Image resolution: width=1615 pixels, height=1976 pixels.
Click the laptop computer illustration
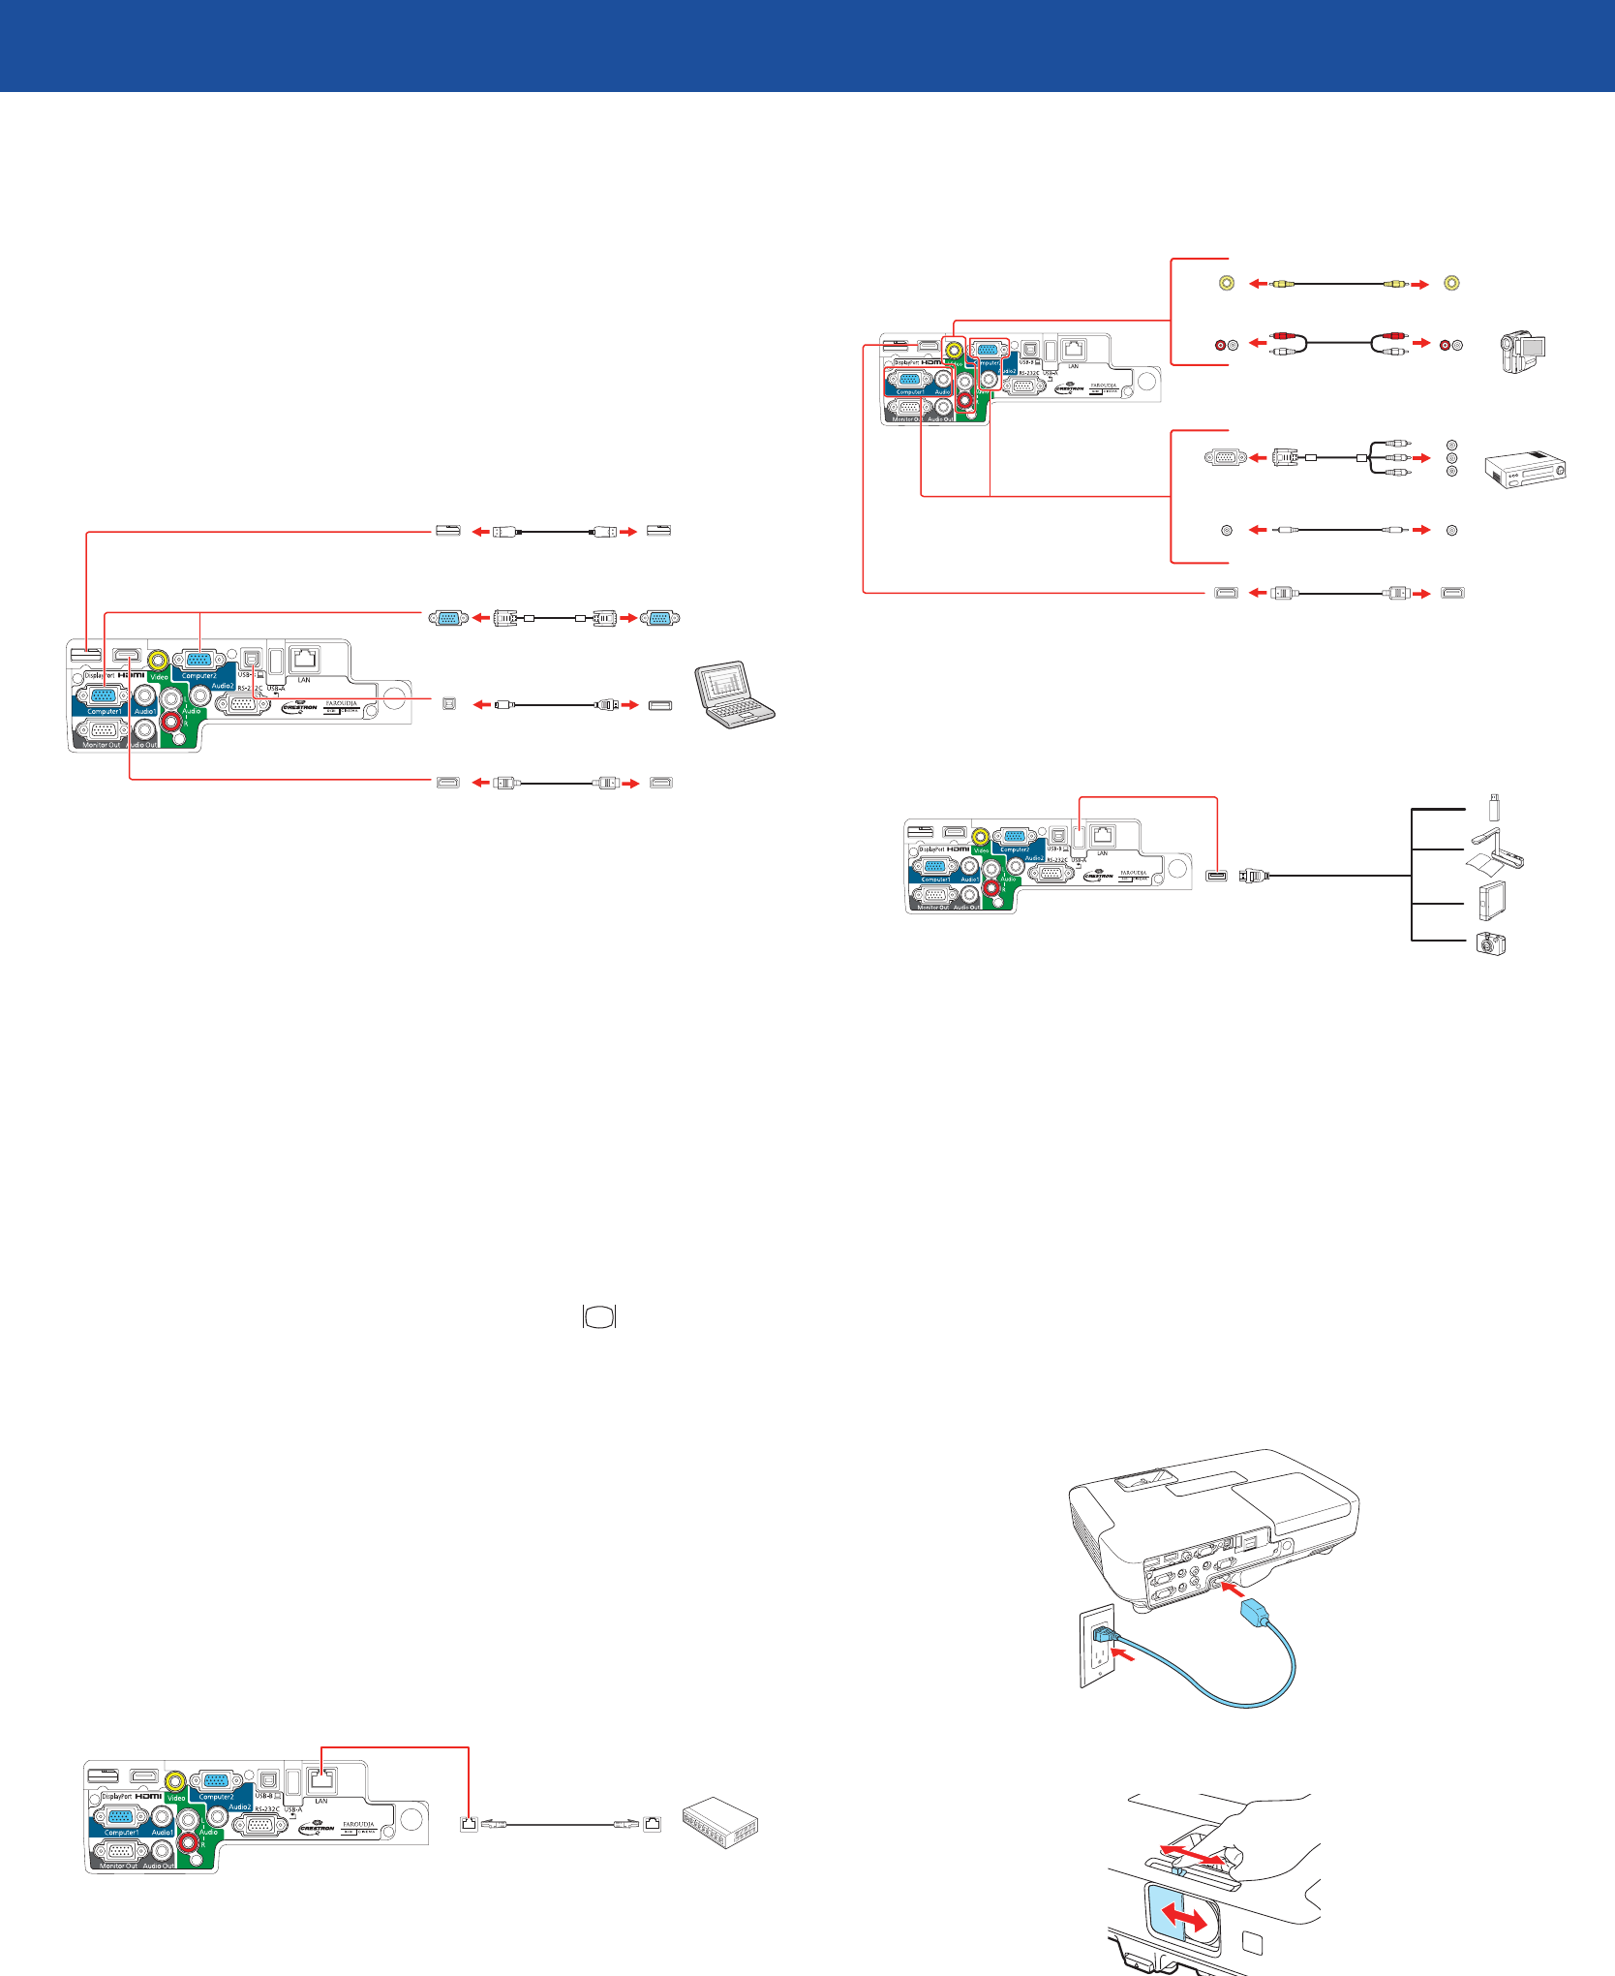coord(735,694)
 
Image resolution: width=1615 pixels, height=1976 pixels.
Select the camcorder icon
coord(1522,352)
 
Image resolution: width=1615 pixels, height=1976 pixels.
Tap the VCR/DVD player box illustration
coord(1524,470)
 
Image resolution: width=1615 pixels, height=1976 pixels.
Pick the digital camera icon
coord(1491,944)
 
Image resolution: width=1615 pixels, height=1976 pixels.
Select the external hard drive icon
coord(1491,901)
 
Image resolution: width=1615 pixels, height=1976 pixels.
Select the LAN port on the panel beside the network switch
coord(321,1779)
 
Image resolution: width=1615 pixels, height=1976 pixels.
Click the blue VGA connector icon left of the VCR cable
coord(1225,457)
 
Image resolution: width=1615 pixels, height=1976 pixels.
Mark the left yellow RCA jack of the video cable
coord(1227,284)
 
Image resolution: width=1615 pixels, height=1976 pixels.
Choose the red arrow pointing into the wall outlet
coord(1126,1657)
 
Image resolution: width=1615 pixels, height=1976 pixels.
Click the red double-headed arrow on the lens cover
coord(1185,1916)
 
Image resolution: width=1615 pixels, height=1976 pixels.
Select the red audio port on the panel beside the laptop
coord(172,721)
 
